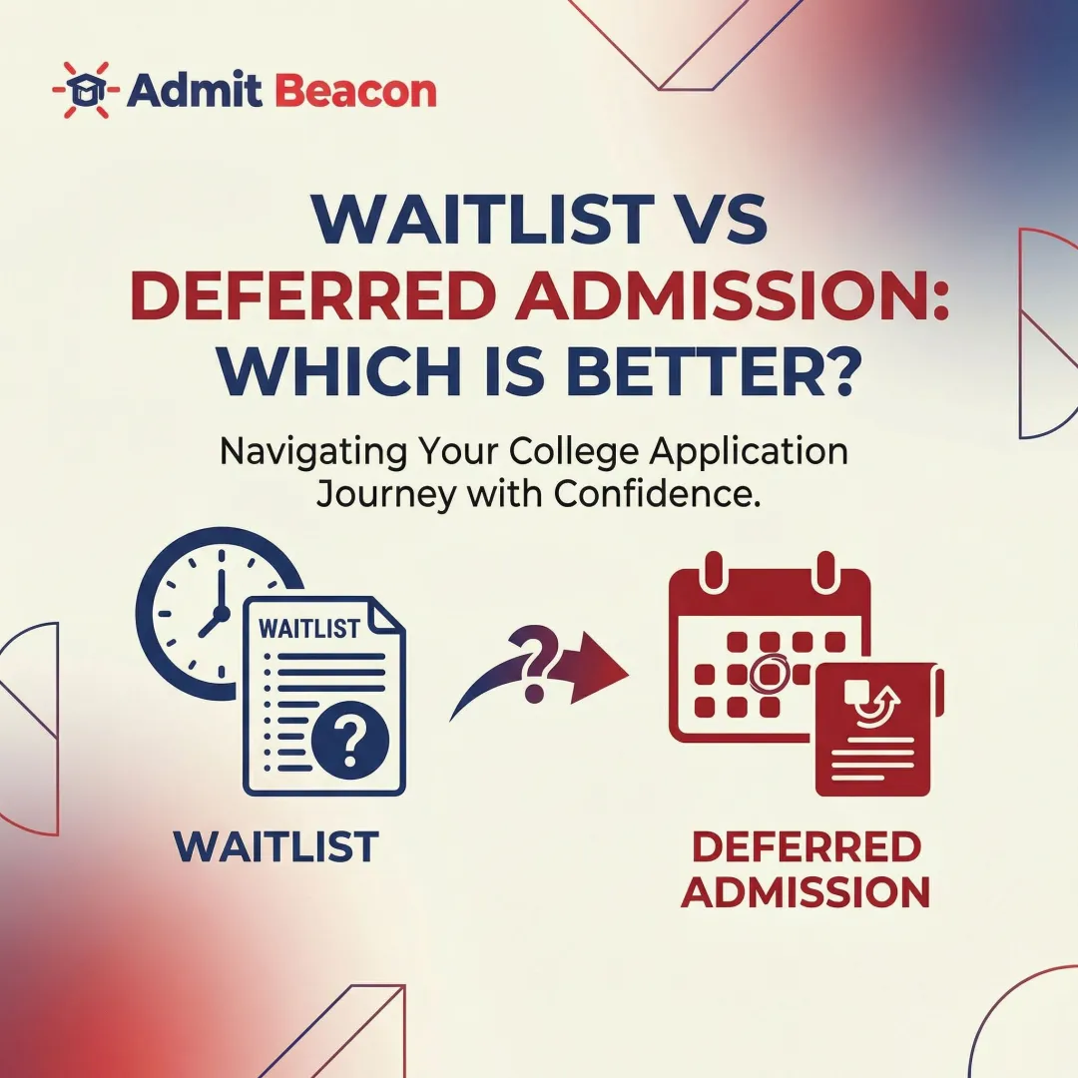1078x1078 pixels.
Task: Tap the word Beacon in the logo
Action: [x=354, y=92]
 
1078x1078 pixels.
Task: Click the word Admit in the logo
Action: [x=194, y=92]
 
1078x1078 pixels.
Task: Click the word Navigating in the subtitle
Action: [x=305, y=451]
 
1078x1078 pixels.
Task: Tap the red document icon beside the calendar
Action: [x=875, y=729]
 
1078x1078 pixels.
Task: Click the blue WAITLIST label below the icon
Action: [x=276, y=847]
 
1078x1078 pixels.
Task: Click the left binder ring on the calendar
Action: [x=714, y=572]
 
